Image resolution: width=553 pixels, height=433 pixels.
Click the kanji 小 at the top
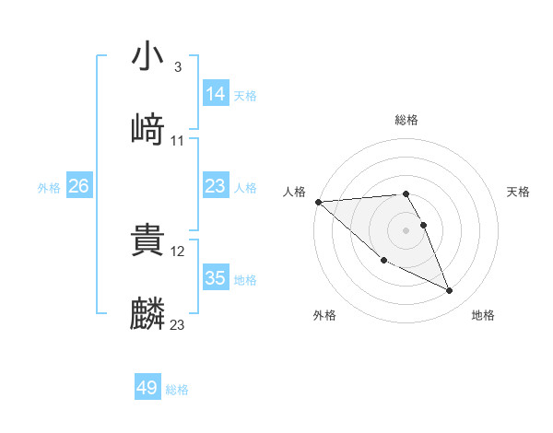(x=148, y=57)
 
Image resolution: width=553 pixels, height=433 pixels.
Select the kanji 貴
(x=148, y=240)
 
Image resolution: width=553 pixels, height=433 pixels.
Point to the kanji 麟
(x=148, y=312)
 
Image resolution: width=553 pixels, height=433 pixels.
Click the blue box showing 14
(x=216, y=93)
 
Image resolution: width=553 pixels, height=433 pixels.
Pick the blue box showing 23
(x=216, y=185)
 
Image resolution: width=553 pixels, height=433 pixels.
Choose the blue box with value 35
(x=216, y=277)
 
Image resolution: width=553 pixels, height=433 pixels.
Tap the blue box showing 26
(x=79, y=185)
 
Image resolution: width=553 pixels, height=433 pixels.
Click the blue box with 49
(x=147, y=388)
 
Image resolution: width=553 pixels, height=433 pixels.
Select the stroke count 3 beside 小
(x=177, y=67)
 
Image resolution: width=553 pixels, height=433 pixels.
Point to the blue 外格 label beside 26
(x=49, y=187)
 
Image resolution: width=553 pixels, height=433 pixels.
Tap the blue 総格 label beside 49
(x=177, y=390)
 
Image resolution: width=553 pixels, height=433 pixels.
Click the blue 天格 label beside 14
(x=245, y=95)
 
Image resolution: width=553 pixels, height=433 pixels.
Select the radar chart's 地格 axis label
(x=483, y=315)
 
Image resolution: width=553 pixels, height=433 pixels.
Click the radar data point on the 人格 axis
(x=318, y=202)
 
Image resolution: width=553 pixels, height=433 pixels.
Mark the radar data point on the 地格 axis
(x=450, y=290)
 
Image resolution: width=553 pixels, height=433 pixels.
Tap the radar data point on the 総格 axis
(x=406, y=193)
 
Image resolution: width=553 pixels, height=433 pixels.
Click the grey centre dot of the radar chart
(x=406, y=229)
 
